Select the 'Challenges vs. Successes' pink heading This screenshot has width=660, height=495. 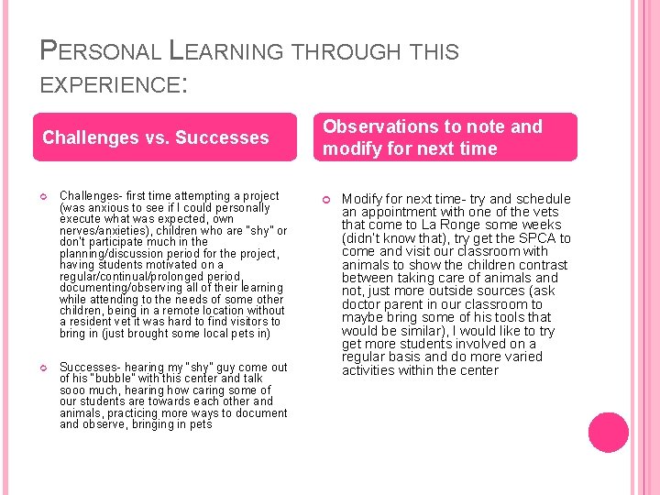pos(156,137)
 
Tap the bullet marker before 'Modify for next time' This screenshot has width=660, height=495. pos(327,199)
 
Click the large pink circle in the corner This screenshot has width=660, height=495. pos(608,434)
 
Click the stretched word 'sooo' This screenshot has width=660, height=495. pos(72,390)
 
